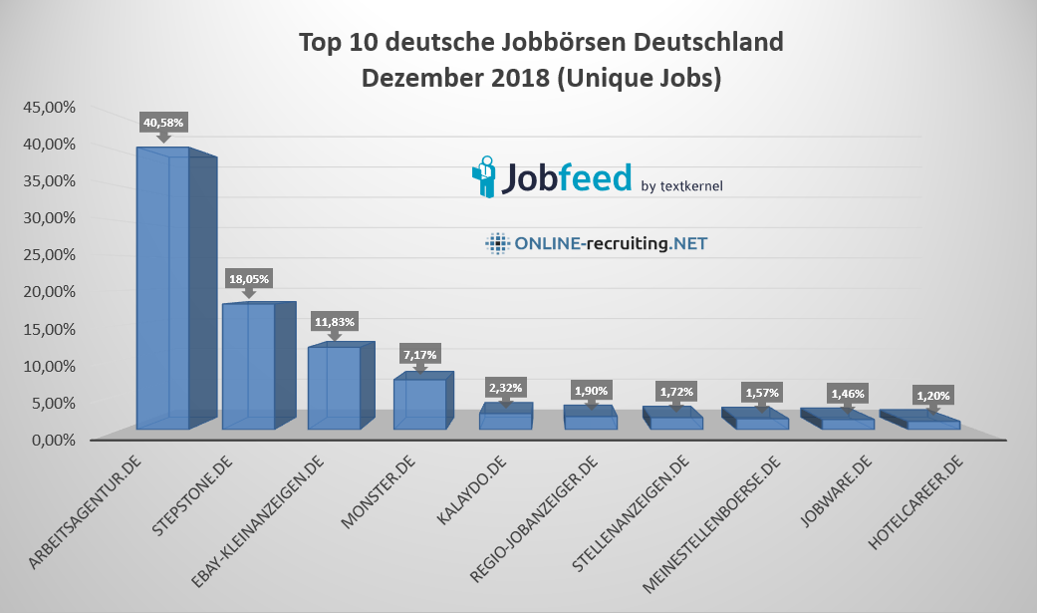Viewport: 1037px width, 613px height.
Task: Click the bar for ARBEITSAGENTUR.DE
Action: [163, 289]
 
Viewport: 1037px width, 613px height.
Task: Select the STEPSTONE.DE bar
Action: [249, 367]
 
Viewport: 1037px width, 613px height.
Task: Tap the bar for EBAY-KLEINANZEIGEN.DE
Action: [335, 389]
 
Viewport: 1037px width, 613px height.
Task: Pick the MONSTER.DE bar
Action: [419, 405]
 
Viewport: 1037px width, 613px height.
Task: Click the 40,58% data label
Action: [164, 123]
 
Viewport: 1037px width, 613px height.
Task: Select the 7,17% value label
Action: [419, 355]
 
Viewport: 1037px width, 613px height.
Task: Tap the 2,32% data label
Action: [505, 387]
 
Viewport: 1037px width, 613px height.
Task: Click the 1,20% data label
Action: [932, 395]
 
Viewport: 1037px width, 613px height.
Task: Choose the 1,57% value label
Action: [762, 393]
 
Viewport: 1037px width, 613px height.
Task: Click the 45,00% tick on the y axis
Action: [46, 107]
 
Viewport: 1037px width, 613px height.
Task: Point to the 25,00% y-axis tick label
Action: [46, 254]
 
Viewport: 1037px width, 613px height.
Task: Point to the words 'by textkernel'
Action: [682, 185]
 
